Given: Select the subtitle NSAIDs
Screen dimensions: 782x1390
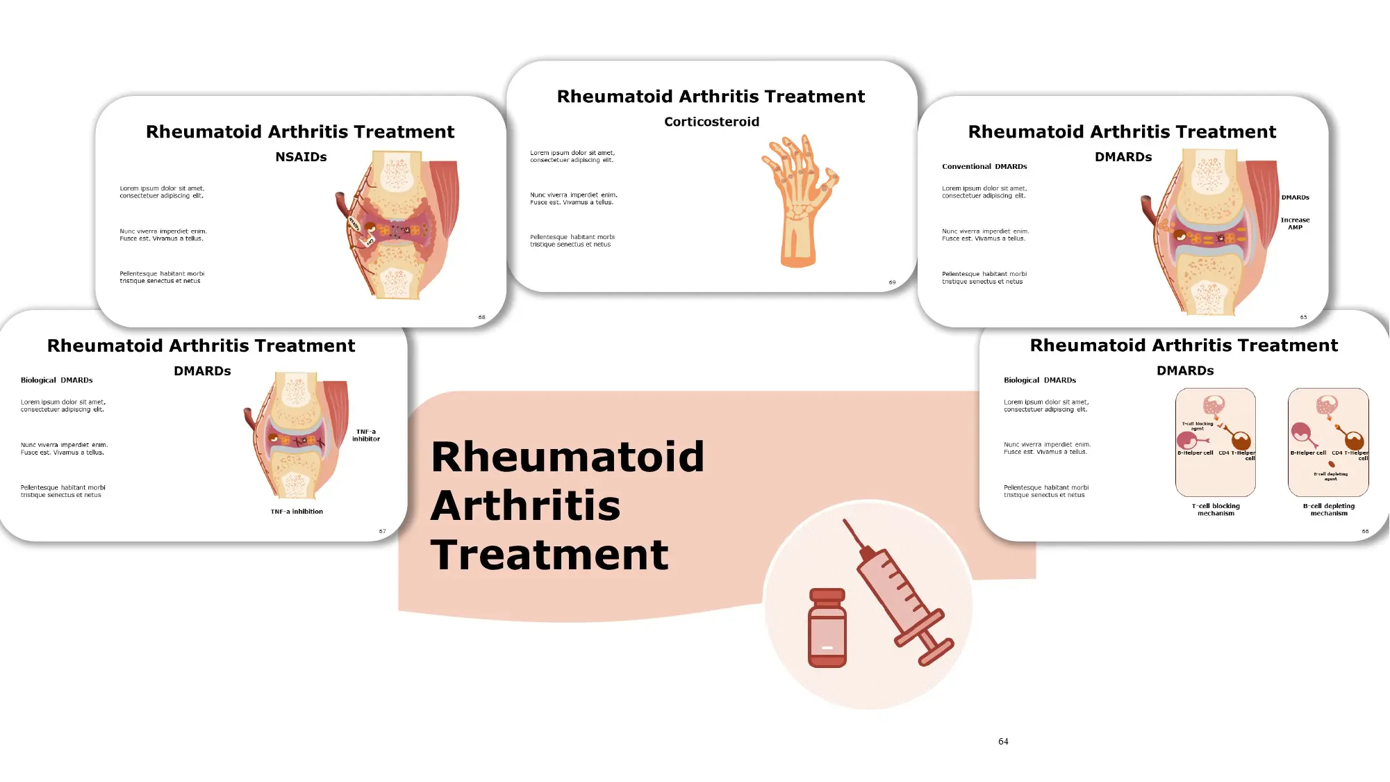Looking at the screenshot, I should click(301, 157).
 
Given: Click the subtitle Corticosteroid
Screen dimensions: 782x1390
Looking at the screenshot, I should click(711, 122).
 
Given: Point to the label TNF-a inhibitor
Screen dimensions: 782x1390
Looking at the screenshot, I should click(366, 435).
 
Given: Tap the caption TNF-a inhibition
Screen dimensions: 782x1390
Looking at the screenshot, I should click(297, 512).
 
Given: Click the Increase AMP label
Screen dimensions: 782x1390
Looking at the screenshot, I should click(1295, 223).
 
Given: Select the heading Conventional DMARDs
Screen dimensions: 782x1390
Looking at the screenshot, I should click(984, 167).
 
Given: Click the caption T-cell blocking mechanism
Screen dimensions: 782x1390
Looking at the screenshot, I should click(1216, 510).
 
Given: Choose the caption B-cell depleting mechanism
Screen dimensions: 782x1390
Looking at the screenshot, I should click(1328, 510).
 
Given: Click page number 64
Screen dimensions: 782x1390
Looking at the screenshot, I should click(1003, 742).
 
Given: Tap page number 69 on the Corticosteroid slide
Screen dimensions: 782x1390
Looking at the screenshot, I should click(892, 283).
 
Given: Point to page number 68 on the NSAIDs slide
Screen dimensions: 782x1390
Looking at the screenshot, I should click(481, 318).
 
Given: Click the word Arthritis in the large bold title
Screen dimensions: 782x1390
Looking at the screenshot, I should click(525, 505).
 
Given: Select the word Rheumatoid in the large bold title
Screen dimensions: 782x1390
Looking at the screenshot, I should click(568, 457).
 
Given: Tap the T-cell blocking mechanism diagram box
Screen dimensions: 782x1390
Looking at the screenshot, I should click(1215, 442).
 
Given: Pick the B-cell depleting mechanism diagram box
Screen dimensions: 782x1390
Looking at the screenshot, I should click(1328, 442).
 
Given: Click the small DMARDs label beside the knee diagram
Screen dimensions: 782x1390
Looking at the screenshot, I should click(1295, 197).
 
